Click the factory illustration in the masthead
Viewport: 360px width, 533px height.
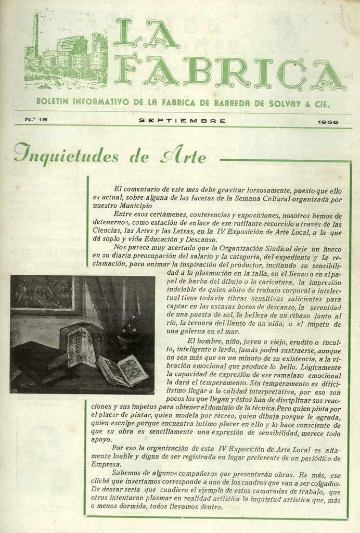coord(66,55)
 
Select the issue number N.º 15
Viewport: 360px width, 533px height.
coord(36,120)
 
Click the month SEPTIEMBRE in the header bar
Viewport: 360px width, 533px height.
coord(182,121)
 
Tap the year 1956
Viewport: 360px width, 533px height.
coord(328,122)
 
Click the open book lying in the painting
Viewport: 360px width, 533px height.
coord(123,371)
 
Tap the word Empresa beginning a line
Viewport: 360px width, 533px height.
coord(106,464)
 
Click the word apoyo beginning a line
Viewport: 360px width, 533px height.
coord(101,440)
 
